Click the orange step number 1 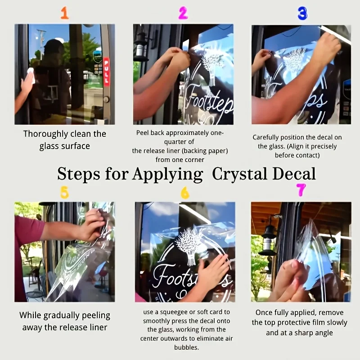click(x=65, y=13)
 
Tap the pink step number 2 click(x=183, y=13)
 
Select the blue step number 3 click(x=302, y=13)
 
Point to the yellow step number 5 click(x=64, y=192)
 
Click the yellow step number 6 click(x=185, y=193)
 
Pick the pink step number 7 click(x=301, y=189)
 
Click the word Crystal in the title click(x=239, y=174)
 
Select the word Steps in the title click(x=78, y=174)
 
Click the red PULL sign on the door click(x=106, y=72)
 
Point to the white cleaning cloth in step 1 click(x=31, y=75)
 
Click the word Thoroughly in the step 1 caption click(x=45, y=134)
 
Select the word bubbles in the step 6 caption click(x=186, y=347)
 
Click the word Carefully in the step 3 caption click(x=265, y=138)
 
